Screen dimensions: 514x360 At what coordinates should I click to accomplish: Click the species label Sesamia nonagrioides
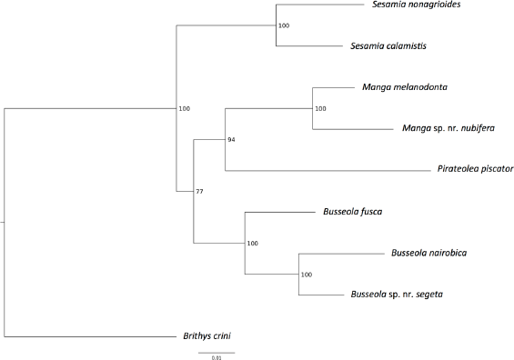(416, 5)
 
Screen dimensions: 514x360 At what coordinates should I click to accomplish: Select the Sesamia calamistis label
(388, 45)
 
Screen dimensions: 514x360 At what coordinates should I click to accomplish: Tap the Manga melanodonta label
(405, 87)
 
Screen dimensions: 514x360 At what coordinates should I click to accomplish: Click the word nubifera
(478, 128)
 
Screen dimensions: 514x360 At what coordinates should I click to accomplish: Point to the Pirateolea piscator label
(475, 169)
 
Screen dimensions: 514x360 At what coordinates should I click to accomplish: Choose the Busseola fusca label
(353, 212)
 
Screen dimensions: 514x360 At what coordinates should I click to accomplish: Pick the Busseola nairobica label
(428, 253)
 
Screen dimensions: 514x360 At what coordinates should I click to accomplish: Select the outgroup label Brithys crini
(207, 336)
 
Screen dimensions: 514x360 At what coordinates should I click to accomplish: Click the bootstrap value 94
(231, 140)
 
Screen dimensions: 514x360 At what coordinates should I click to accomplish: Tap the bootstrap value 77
(199, 192)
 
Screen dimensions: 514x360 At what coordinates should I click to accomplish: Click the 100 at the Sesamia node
(284, 25)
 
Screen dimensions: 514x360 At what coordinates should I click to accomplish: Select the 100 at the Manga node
(320, 109)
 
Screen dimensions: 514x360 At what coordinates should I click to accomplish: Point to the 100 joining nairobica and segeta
(307, 275)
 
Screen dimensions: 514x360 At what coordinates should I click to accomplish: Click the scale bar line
(217, 353)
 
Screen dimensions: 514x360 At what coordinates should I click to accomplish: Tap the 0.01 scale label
(217, 358)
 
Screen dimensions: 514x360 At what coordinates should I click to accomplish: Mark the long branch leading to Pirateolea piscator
(328, 171)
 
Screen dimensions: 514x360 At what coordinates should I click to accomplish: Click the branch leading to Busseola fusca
(280, 212)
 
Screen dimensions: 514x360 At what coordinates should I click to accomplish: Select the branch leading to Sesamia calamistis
(309, 45)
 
